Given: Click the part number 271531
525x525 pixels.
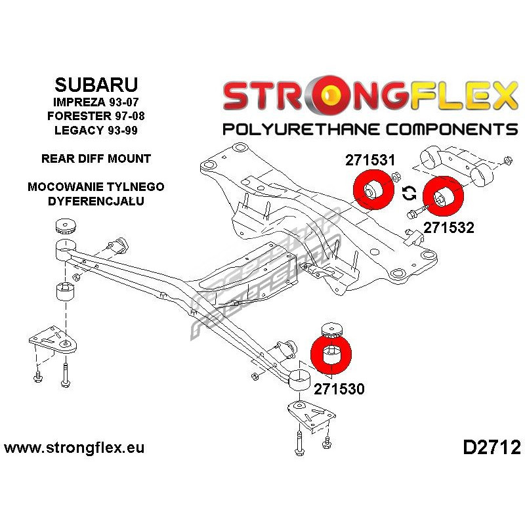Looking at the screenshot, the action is point(370,160).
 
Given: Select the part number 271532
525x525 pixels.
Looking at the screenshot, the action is point(449,228).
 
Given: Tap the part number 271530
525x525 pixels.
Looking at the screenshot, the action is point(339,389).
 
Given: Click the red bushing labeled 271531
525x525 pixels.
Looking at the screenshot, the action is point(373,190).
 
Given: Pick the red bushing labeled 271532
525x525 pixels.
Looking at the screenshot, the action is point(443,196).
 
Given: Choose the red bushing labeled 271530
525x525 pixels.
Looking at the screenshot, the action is point(331,354).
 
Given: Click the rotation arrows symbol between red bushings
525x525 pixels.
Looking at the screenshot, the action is point(409,193).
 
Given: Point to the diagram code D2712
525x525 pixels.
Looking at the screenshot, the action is point(492,448).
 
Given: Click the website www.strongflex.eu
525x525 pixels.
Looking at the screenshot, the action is point(74,448).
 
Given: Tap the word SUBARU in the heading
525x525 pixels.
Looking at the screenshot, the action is point(96,85).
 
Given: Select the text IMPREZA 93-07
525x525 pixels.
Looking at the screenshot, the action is point(96,102).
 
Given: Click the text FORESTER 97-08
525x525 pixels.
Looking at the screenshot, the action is point(96,116).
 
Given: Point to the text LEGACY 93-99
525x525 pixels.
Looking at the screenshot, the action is point(96,130).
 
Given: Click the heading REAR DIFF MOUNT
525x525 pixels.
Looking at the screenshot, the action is point(96,158).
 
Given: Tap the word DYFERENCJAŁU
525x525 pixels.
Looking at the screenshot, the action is point(96,201).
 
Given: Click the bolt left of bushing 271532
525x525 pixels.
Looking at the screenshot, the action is point(416,211).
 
